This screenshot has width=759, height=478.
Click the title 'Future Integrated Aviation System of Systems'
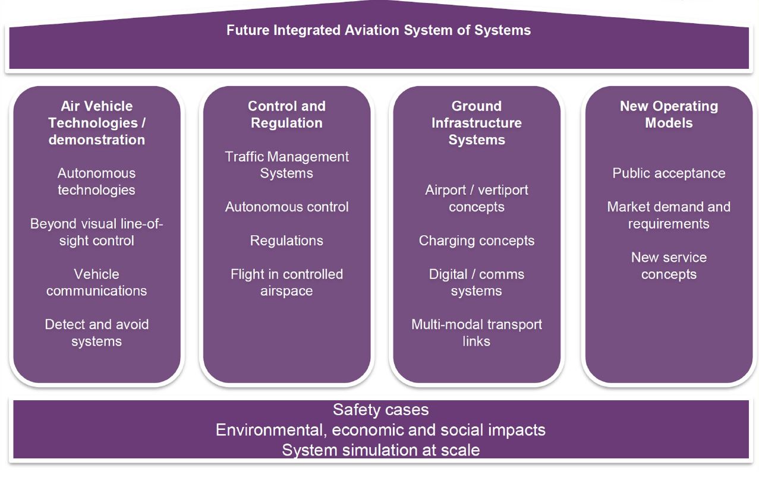coord(379,30)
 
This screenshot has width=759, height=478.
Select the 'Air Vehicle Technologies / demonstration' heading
coord(96,123)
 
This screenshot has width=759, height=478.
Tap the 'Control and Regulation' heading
coord(286,115)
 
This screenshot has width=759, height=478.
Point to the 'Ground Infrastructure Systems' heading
coord(477,123)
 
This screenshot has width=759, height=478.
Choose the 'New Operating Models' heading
coord(669,115)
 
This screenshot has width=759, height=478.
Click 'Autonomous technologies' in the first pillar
coord(96,182)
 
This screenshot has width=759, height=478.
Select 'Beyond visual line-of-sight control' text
coord(96,232)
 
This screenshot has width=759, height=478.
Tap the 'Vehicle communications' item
coord(96,282)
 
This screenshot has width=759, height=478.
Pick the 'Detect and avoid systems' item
coord(96,333)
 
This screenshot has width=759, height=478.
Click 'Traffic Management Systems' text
coord(286,165)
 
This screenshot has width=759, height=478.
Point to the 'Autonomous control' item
coord(286,207)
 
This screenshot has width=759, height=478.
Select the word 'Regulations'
coord(286,240)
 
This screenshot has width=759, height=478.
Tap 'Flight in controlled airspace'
coord(286,282)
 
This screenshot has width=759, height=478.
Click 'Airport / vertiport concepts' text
coord(477,198)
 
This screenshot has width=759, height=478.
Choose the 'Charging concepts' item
coord(477,240)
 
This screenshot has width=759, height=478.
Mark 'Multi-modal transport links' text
coord(477,333)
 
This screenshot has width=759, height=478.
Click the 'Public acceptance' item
coord(669,173)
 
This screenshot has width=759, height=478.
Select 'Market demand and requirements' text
coord(669,216)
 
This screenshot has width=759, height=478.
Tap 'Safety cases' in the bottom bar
coord(380,410)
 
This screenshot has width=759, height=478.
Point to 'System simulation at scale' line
coord(380,450)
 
